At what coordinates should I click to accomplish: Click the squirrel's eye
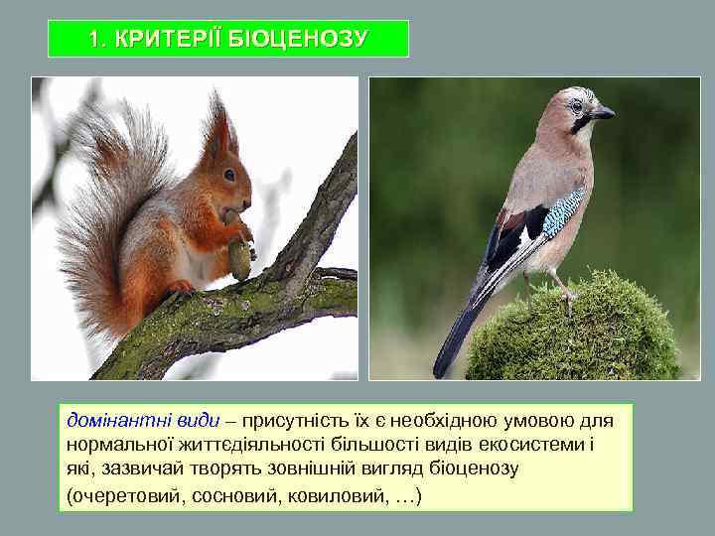pos(229,176)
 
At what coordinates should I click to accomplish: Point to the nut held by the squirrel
pos(239,258)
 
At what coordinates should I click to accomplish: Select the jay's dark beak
pos(603,112)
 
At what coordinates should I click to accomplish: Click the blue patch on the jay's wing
pos(563,210)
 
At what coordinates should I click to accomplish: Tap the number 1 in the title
pos(93,40)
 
